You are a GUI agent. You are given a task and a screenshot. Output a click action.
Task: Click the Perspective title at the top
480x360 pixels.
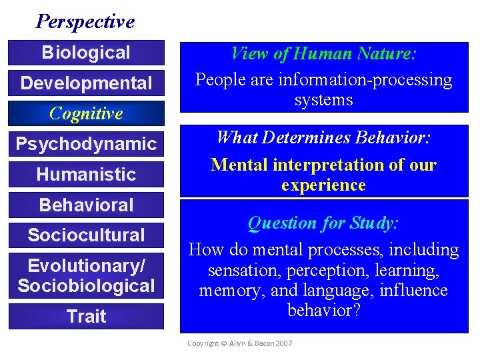pos(85,21)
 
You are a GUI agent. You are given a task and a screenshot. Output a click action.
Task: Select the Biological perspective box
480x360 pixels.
pos(86,53)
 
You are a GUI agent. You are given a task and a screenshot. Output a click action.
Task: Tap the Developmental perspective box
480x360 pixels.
pos(86,83)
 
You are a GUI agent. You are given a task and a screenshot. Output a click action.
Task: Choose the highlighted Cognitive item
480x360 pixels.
pos(86,113)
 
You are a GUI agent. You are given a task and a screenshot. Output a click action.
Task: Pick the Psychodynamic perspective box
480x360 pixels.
pos(86,144)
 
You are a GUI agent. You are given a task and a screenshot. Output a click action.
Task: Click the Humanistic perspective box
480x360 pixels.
pos(86,175)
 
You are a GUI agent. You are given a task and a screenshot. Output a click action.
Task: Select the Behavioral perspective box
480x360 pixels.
pos(86,205)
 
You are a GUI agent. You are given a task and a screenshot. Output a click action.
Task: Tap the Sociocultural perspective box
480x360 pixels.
pos(86,235)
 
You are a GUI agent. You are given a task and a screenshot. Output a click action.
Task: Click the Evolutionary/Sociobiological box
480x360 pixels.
pos(86,275)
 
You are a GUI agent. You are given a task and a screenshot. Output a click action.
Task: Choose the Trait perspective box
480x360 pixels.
pos(86,316)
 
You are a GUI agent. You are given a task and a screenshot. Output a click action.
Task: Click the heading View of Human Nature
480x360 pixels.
pos(323,53)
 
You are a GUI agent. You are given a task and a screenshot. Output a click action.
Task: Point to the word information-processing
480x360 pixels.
pos(365,80)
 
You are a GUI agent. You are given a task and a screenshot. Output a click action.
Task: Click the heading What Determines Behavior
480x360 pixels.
pos(323,139)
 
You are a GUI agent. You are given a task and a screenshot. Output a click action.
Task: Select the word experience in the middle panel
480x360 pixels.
pos(323,185)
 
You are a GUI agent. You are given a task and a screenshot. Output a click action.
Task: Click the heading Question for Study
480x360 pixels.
pos(323,223)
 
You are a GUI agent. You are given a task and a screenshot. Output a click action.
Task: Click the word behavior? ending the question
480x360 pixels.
pos(324,310)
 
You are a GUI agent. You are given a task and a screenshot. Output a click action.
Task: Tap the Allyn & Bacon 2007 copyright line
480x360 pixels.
pos(239,343)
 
